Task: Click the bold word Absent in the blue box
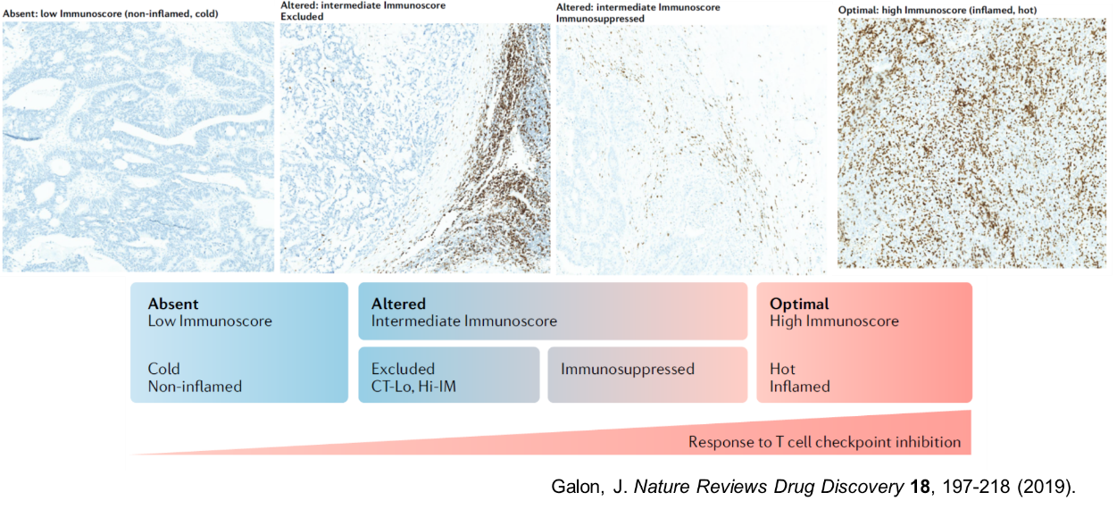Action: tap(173, 304)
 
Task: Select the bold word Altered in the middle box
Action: tap(398, 304)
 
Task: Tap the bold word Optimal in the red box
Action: tap(799, 305)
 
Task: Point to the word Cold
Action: tap(163, 369)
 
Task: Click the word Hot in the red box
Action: tap(782, 369)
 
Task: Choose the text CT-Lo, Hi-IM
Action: tap(413, 387)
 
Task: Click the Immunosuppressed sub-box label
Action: tap(628, 370)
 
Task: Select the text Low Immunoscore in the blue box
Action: tap(210, 321)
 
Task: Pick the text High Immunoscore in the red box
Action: tap(834, 321)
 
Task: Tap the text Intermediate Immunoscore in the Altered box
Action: tap(463, 321)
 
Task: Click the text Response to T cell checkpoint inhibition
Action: tap(825, 442)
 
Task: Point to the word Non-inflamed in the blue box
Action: tap(195, 387)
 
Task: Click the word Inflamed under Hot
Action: tap(800, 387)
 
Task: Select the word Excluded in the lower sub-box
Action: tap(403, 369)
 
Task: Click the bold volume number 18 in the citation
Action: tap(920, 487)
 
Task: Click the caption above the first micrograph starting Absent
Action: tap(111, 13)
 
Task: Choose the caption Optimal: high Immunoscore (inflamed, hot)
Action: tap(938, 10)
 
